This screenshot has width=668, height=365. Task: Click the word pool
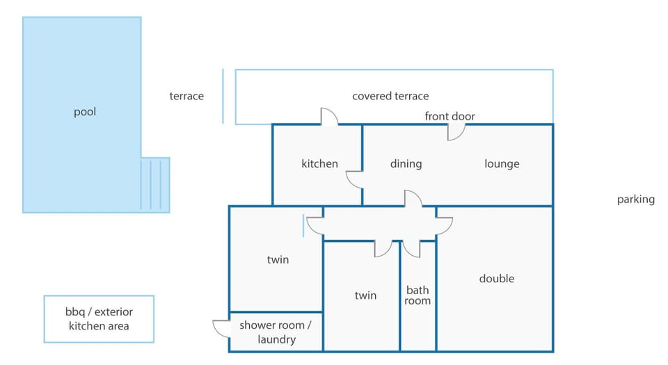pos(85,112)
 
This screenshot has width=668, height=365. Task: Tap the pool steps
pos(155,185)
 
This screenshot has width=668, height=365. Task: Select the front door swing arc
pos(456,132)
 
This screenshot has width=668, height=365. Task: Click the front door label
pos(450,116)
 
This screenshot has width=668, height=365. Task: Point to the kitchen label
pos(319,164)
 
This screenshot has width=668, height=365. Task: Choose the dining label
pos(406,164)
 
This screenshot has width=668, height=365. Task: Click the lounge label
pos(502,164)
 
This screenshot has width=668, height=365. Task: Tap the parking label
pos(635,200)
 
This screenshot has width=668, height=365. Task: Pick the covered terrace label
pos(390,96)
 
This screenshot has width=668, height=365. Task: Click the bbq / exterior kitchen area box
pos(99,319)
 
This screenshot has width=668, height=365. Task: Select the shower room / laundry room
pos(276,332)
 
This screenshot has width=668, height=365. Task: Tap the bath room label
pos(417,295)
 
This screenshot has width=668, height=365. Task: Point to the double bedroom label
pos(496,279)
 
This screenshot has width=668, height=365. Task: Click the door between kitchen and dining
pos(354,179)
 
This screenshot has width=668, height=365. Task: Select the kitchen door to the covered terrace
pos(329,117)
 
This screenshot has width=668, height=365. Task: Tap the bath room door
pos(411,250)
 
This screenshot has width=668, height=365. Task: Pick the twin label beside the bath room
pos(365,295)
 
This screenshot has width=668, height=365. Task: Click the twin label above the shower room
pos(278,259)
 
